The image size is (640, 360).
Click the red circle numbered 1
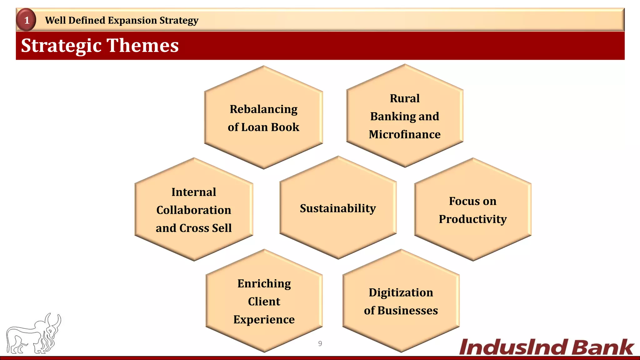pos(27,20)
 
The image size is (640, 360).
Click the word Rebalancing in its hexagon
pos(263,109)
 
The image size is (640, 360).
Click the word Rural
pos(404,98)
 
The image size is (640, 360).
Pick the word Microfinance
pos(404,134)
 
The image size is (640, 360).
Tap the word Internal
pos(194,192)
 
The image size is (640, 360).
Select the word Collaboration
pos(194,210)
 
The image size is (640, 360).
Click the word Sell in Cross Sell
pos(222,228)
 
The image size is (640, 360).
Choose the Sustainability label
pos(338,208)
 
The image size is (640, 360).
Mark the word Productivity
pos(472,219)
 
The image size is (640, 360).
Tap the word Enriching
pos(264,284)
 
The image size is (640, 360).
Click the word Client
pos(264,302)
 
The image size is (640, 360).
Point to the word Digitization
pos(401,293)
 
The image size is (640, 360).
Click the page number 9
pos(320,343)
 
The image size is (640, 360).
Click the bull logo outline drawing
pos(33,335)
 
